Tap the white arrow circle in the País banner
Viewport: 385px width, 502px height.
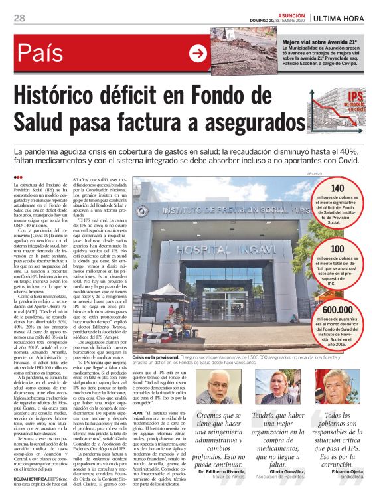tap(197, 53)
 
